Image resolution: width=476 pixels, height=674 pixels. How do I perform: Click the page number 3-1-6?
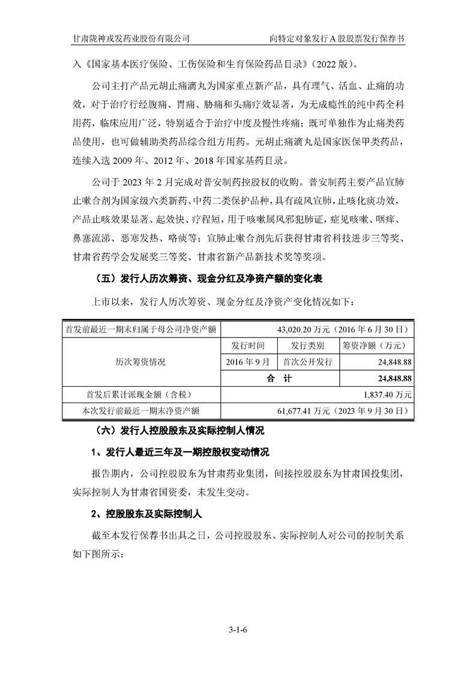click(x=238, y=630)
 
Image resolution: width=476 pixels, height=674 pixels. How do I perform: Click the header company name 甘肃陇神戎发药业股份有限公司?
click(x=131, y=38)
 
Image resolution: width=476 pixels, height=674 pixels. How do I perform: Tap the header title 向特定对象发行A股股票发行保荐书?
click(x=337, y=38)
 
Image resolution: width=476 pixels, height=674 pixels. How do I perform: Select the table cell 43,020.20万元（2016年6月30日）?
click(x=343, y=329)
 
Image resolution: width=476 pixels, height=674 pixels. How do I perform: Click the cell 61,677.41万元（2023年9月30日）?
click(x=343, y=411)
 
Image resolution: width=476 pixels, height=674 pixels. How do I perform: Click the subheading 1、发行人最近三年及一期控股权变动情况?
click(x=180, y=452)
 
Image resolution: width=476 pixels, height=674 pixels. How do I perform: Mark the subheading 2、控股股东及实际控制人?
click(x=148, y=514)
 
